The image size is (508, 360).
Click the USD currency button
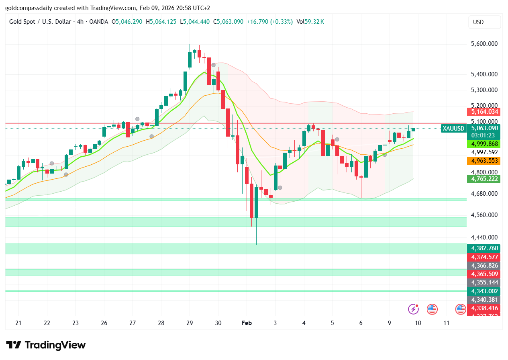484,22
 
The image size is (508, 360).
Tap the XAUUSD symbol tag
453,129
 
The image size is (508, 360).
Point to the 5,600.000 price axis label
484,44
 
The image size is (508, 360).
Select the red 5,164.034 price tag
483,112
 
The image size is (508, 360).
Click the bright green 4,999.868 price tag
484,144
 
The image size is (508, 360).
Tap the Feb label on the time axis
247,323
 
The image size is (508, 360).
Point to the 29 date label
190,323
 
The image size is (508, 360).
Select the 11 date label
446,323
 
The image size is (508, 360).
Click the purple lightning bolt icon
413,309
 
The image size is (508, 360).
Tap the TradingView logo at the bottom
46,345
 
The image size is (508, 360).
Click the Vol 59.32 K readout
310,22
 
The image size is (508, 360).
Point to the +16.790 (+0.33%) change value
270,22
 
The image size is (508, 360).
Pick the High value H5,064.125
161,22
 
